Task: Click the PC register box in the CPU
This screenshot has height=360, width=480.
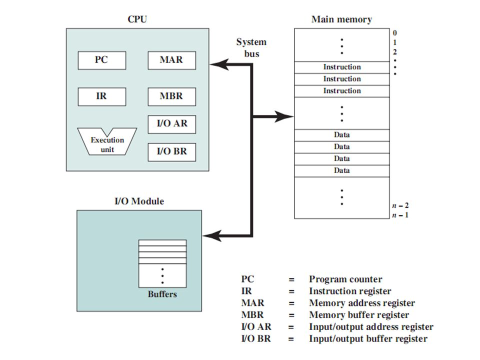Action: [x=101, y=60]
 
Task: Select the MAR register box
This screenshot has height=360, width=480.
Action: [x=171, y=60]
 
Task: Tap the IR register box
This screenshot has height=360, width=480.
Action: [x=101, y=96]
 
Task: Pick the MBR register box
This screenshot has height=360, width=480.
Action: [x=171, y=96]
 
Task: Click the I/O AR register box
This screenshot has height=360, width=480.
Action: [x=171, y=124]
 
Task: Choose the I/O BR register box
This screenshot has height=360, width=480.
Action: [x=171, y=152]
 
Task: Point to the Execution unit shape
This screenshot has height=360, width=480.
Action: [x=106, y=144]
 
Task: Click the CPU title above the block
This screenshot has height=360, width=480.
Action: [x=137, y=20]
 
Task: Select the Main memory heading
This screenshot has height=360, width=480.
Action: [x=341, y=20]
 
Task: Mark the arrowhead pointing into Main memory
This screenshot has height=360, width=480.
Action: [x=287, y=116]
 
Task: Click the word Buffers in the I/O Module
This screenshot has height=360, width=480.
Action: [x=162, y=294]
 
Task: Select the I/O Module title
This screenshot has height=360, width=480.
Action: [x=139, y=202]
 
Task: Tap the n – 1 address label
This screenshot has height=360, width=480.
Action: [x=400, y=215]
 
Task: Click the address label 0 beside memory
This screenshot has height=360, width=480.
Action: [x=395, y=33]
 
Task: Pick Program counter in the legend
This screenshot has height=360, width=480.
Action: [x=345, y=279]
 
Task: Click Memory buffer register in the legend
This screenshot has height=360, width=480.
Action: [x=359, y=315]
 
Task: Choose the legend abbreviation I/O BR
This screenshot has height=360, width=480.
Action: [x=256, y=339]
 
